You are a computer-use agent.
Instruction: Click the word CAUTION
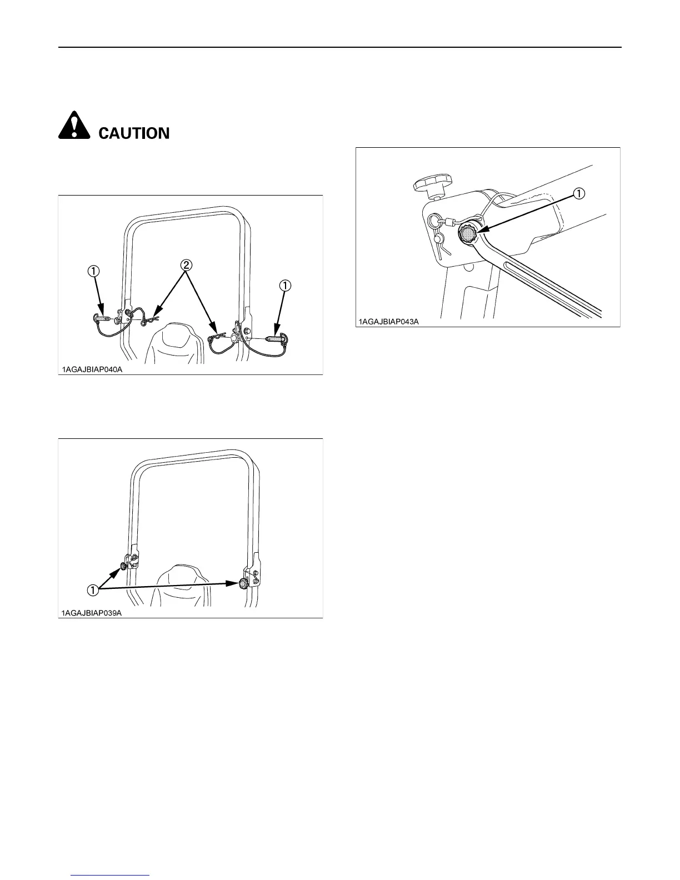tap(134, 133)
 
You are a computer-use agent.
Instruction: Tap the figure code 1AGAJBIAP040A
tap(92, 369)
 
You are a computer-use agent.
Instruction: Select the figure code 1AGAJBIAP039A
tap(92, 613)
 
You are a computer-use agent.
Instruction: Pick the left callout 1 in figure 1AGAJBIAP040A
tap(93, 271)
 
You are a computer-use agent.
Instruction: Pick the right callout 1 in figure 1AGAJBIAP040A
tap(284, 286)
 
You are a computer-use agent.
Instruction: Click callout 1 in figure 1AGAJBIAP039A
tap(93, 589)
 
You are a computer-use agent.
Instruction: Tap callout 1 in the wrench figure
tap(578, 193)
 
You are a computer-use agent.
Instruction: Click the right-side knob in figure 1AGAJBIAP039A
tap(243, 583)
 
